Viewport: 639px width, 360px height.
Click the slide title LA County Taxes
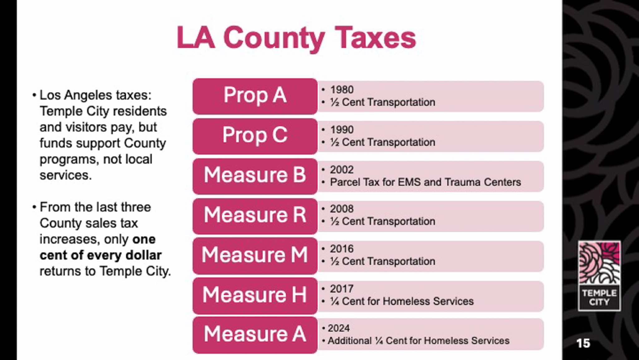(x=296, y=38)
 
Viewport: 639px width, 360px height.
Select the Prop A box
(x=255, y=96)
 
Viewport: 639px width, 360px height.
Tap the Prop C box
(x=255, y=136)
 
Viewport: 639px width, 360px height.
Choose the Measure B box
(x=255, y=176)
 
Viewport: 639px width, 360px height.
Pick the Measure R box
(x=255, y=216)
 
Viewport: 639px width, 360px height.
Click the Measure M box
(x=255, y=256)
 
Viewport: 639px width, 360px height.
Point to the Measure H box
(x=255, y=295)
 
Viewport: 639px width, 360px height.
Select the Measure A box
(x=255, y=335)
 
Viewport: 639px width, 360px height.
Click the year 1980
(x=342, y=90)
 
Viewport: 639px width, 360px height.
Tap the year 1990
(x=342, y=130)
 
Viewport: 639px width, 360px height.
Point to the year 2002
(x=342, y=170)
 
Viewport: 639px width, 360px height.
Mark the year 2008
(x=342, y=209)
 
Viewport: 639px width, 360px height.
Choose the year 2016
(x=342, y=249)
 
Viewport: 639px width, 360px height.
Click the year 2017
(x=342, y=289)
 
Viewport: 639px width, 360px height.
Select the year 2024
(x=339, y=328)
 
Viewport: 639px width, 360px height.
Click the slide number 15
(x=583, y=343)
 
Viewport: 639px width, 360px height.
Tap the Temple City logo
(x=599, y=275)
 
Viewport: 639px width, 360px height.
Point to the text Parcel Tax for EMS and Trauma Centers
(x=425, y=182)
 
